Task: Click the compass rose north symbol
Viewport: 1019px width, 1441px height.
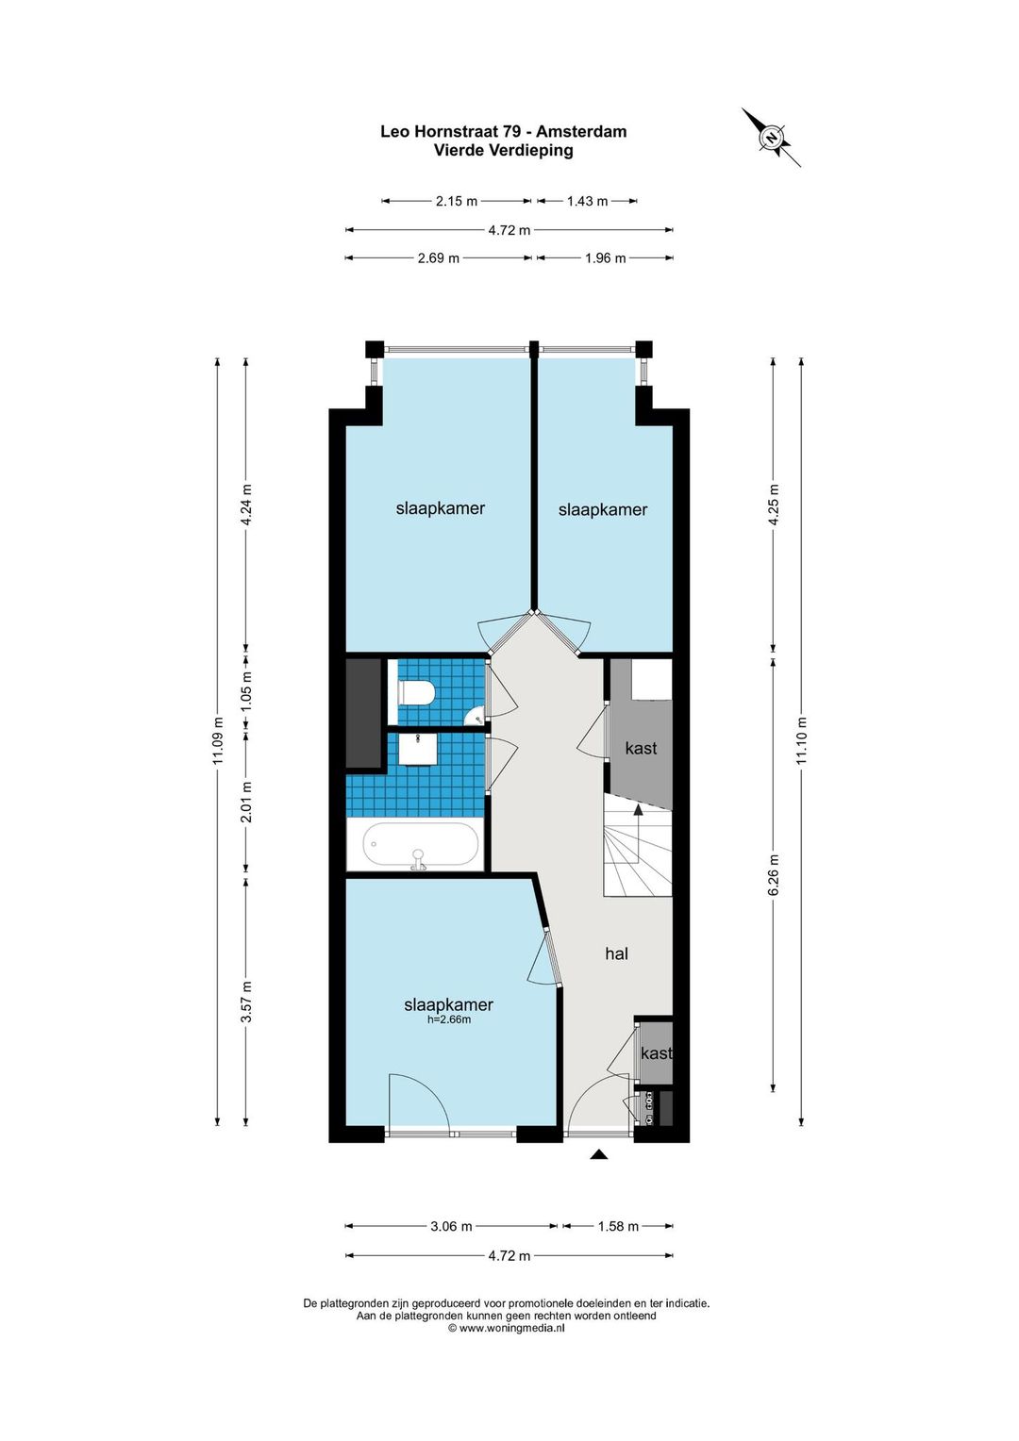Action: click(771, 138)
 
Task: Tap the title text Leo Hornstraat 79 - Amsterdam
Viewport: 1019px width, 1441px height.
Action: click(504, 131)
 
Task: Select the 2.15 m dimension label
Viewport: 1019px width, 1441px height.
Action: click(457, 202)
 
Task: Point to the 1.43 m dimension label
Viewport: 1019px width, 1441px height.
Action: click(587, 202)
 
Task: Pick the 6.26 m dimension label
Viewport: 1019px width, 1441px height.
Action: click(774, 874)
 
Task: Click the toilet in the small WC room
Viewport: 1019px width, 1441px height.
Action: click(418, 693)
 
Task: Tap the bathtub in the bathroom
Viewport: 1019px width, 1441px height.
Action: click(421, 845)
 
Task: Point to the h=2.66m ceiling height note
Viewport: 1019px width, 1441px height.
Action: click(449, 1019)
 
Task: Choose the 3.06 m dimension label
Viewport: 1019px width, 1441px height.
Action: click(451, 1226)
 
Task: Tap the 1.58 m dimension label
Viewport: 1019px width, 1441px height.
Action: click(618, 1226)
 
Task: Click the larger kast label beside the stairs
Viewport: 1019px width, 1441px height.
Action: click(642, 748)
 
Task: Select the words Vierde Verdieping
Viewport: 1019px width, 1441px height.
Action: click(504, 151)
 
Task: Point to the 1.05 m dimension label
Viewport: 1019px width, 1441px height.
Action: click(246, 695)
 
